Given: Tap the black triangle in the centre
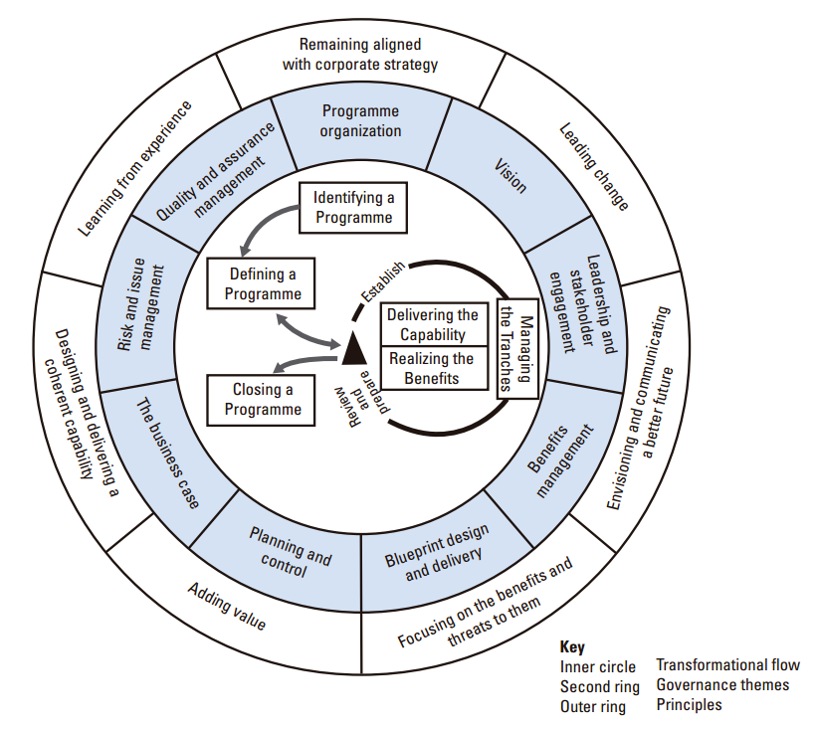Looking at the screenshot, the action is [x=354, y=348].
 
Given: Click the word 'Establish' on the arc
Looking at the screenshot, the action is [x=383, y=281].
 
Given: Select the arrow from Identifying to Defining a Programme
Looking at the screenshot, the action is [x=260, y=220].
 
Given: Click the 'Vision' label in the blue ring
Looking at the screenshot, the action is [x=510, y=176].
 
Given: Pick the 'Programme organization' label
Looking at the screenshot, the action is [x=360, y=120].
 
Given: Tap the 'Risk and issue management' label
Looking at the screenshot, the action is [x=140, y=304].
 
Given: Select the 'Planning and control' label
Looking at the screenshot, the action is [x=291, y=552].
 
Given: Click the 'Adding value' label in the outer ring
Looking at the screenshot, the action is [x=227, y=607].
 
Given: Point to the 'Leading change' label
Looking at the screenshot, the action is [x=594, y=166].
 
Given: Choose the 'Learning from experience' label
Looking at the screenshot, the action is [x=134, y=168].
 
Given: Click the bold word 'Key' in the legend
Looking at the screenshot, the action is [x=572, y=646].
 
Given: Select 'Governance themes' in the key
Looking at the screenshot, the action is [x=722, y=685].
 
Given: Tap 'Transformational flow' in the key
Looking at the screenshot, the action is [x=727, y=664].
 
